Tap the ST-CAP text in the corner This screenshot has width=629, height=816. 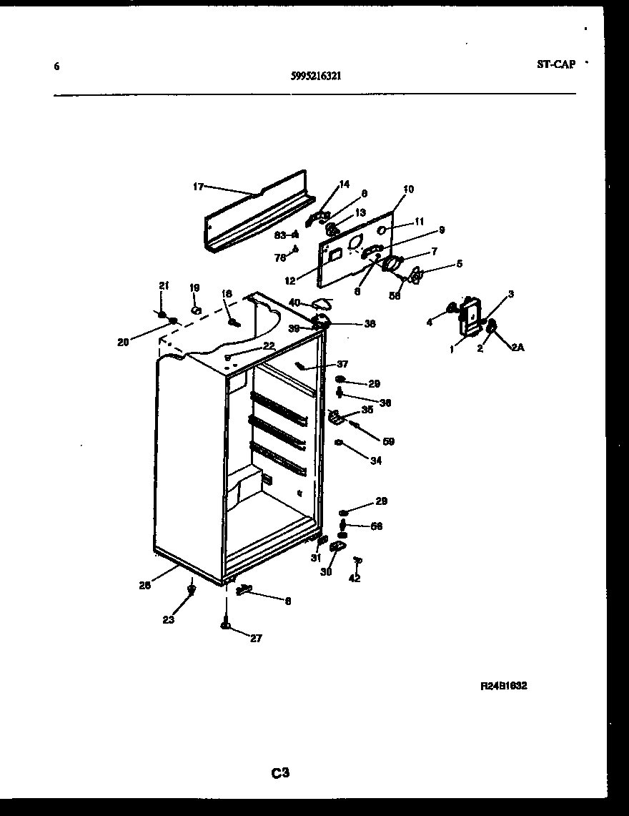pos(555,64)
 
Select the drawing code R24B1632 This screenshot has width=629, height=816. pos(503,685)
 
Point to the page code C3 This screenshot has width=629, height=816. pos(279,772)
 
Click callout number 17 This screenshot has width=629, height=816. pos(198,187)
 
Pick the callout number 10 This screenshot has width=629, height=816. pos(408,190)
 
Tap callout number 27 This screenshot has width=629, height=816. pos(256,639)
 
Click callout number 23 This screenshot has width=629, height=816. pos(168,620)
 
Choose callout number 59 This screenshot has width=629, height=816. pos(388,441)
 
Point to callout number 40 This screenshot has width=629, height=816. pos(294,303)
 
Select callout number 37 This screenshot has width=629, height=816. pos(342,364)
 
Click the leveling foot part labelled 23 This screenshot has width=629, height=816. pos(191,589)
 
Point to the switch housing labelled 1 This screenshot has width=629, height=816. pos(468,315)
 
